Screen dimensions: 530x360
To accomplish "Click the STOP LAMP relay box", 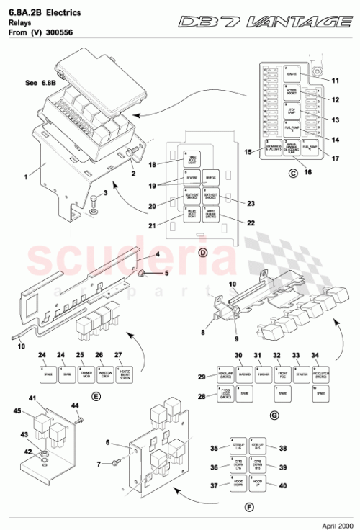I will click(x=293, y=111).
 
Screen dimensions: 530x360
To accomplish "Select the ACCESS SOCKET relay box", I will click(x=293, y=91).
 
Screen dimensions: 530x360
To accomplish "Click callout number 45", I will click(x=17, y=412).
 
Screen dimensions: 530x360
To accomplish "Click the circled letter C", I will click(x=292, y=173).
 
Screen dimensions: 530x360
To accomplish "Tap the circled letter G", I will click(x=274, y=415).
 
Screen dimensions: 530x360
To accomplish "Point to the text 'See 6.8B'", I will click(x=41, y=83).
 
